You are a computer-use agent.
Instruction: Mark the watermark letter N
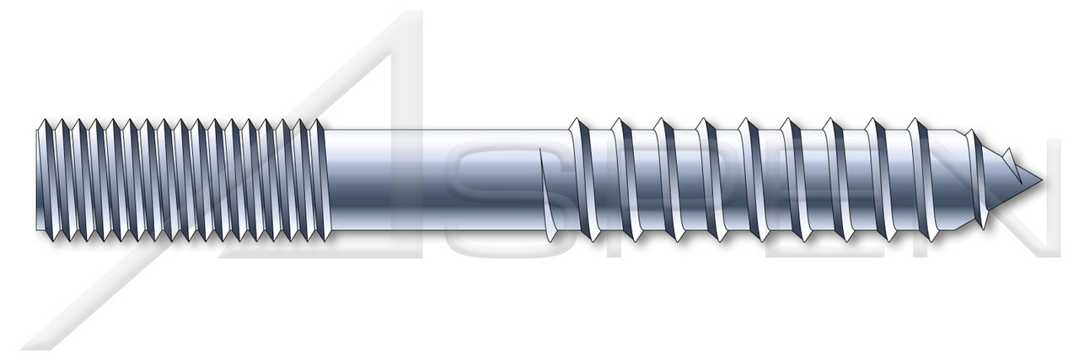click(x=1012, y=202)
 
